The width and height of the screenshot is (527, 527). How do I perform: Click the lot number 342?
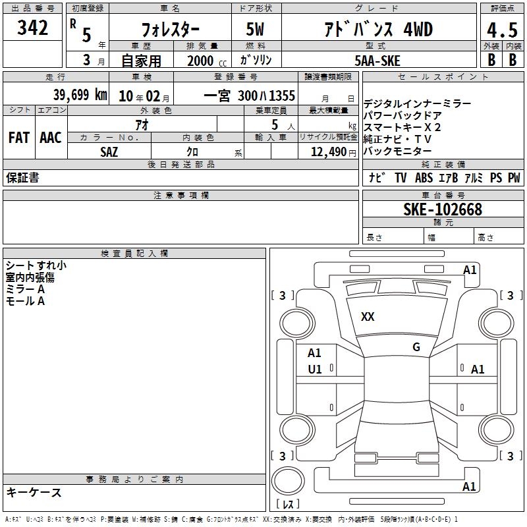click(32, 27)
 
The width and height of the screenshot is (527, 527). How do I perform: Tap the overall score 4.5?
click(502, 30)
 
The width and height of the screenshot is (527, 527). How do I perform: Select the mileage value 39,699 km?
click(80, 95)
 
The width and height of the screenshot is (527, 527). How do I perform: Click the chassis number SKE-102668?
click(443, 209)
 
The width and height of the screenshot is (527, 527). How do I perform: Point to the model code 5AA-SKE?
click(377, 61)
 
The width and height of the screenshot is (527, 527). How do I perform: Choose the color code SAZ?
click(109, 152)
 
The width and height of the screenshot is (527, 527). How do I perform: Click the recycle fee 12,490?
click(329, 152)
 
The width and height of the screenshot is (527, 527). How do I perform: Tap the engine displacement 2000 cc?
click(207, 61)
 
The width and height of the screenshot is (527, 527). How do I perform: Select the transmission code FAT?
click(19, 138)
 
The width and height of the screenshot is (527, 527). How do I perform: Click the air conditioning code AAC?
click(51, 138)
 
